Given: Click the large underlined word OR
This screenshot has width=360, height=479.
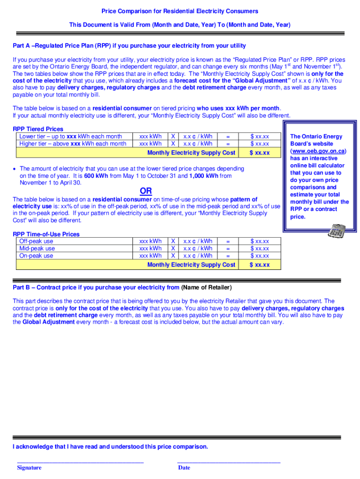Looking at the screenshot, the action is tap(146, 191).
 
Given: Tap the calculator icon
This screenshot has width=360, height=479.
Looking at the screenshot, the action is tap(337, 231).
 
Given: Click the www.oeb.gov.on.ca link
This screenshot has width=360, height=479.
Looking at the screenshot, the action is tap(318, 151).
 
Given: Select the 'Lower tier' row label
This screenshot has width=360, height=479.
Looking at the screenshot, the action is tap(71, 136).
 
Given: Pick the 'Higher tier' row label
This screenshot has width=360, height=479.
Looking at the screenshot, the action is tap(72, 144).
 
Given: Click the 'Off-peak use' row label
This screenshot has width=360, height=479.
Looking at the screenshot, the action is tap(36, 241).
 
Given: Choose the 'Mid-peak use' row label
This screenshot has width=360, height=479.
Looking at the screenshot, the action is tap(37, 248).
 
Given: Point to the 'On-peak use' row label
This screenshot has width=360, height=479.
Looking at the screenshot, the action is tap(36, 256).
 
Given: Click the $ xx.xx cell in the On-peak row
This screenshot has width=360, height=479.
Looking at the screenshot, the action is tap(259, 256).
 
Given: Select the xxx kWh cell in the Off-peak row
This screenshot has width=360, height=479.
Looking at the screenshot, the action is tap(150, 241).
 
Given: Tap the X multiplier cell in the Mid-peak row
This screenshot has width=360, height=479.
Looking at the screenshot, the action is tap(173, 248).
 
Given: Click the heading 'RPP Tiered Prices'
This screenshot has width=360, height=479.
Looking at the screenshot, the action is tap(38, 129).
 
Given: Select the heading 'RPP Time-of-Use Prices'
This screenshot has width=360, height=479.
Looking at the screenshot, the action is tap(46, 234).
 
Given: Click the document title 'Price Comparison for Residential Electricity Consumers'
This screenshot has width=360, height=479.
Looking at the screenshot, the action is tap(180, 11).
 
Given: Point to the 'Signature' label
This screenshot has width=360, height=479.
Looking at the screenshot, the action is tap(29, 467).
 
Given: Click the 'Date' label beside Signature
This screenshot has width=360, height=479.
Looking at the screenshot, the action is tap(184, 467).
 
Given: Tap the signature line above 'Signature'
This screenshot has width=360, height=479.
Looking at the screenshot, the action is tap(80, 463).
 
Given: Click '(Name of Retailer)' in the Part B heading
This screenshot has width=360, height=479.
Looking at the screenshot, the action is tap(206, 288).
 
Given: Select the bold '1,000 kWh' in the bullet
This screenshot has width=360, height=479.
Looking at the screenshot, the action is tap(204, 176).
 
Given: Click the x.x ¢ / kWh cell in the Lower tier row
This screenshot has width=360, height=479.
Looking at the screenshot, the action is tap(198, 136).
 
